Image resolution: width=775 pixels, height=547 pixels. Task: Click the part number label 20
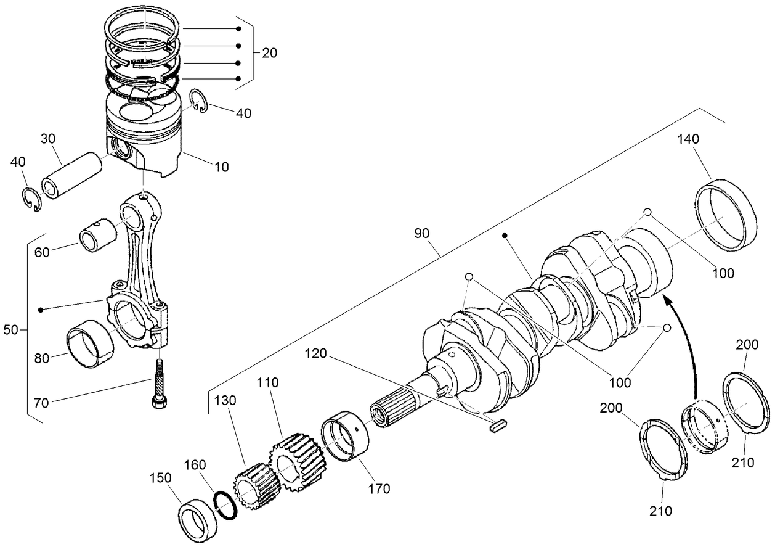point(269,53)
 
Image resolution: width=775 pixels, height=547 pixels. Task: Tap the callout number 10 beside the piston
point(221,167)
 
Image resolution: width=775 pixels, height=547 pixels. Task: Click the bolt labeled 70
point(160,383)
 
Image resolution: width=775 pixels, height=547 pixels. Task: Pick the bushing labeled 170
point(347,437)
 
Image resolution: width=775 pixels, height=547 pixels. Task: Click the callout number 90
point(422,234)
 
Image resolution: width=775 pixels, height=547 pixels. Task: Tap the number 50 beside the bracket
point(11,330)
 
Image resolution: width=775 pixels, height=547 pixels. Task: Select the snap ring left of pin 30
point(31,200)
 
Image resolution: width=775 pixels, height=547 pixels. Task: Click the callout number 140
point(688,139)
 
